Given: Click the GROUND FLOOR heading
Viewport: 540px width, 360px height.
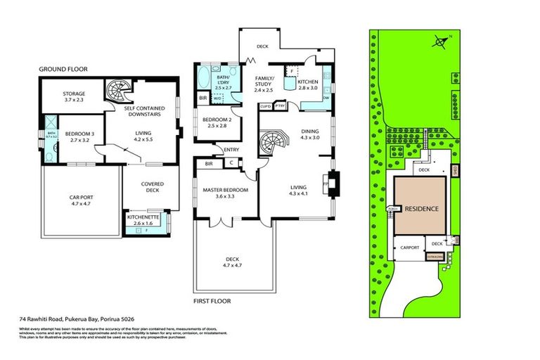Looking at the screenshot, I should tap(62, 69).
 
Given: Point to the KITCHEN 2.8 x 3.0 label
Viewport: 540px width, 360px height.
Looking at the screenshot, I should tap(308, 85).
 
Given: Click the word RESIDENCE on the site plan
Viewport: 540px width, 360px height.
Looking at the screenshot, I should tap(420, 209).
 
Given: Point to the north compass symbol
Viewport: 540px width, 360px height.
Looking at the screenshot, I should tap(441, 41).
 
